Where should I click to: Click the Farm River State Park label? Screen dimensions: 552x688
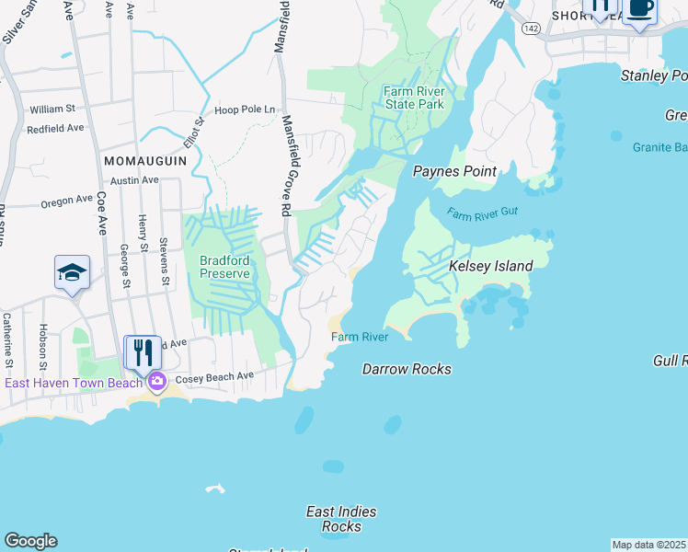point(414,98)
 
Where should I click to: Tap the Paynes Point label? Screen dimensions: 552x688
point(454,171)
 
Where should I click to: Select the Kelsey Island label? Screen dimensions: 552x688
point(490,266)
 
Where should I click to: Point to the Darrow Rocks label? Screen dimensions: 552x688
point(407,369)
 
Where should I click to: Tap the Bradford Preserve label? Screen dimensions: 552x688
point(224,267)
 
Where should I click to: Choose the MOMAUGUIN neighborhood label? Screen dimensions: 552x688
point(144,160)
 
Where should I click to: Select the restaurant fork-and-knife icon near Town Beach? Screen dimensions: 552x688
point(143,352)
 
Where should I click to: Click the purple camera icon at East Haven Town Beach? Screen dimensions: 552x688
point(157,381)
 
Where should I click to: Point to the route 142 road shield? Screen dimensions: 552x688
point(530,29)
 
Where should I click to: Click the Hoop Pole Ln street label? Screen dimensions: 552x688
point(245,110)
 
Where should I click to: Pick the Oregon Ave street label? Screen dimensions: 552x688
point(67,200)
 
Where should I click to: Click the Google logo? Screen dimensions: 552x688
point(30,541)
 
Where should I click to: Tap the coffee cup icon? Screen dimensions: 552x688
point(641,9)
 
